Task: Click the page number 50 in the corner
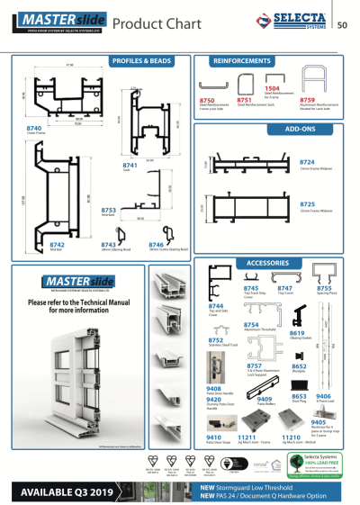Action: (342, 24)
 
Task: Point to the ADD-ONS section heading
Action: (298, 130)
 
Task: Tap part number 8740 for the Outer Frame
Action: (33, 128)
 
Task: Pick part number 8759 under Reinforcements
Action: (307, 101)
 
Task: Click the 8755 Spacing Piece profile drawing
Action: (320, 275)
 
